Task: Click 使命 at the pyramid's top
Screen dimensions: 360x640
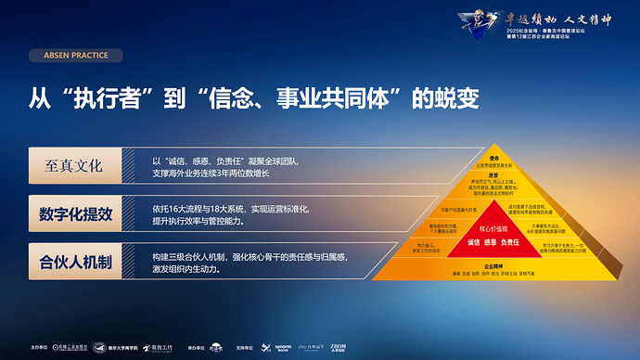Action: click(x=493, y=159)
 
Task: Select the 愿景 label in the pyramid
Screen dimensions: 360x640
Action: click(x=493, y=174)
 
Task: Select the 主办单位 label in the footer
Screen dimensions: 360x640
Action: click(x=38, y=348)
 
